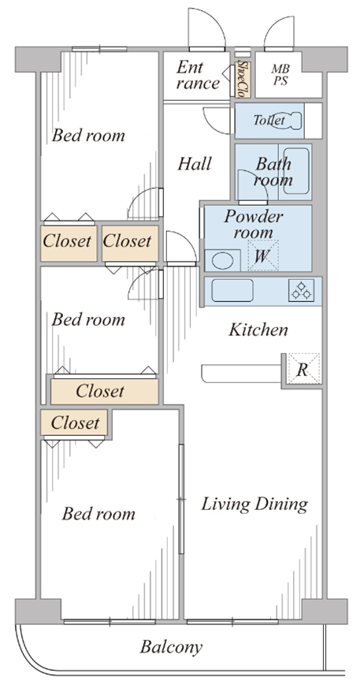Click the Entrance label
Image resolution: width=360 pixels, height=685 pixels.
197,75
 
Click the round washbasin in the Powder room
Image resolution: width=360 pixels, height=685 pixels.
223,261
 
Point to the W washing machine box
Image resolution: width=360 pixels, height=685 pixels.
263,255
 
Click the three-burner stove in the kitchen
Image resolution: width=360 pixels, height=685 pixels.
302,290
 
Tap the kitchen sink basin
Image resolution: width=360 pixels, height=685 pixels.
232,290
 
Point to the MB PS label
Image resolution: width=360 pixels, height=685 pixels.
280,75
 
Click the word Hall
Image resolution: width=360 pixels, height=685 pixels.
195,164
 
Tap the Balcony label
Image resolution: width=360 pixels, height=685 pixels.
171,647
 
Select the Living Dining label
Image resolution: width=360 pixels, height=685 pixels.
254,504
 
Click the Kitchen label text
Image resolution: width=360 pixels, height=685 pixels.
258,330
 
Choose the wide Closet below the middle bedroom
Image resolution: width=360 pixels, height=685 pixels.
104,392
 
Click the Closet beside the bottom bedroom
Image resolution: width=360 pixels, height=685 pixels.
74,423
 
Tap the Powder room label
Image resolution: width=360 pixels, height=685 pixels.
253,224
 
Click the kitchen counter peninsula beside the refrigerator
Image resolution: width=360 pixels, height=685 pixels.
241,374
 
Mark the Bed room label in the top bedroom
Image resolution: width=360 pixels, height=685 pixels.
88,136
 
